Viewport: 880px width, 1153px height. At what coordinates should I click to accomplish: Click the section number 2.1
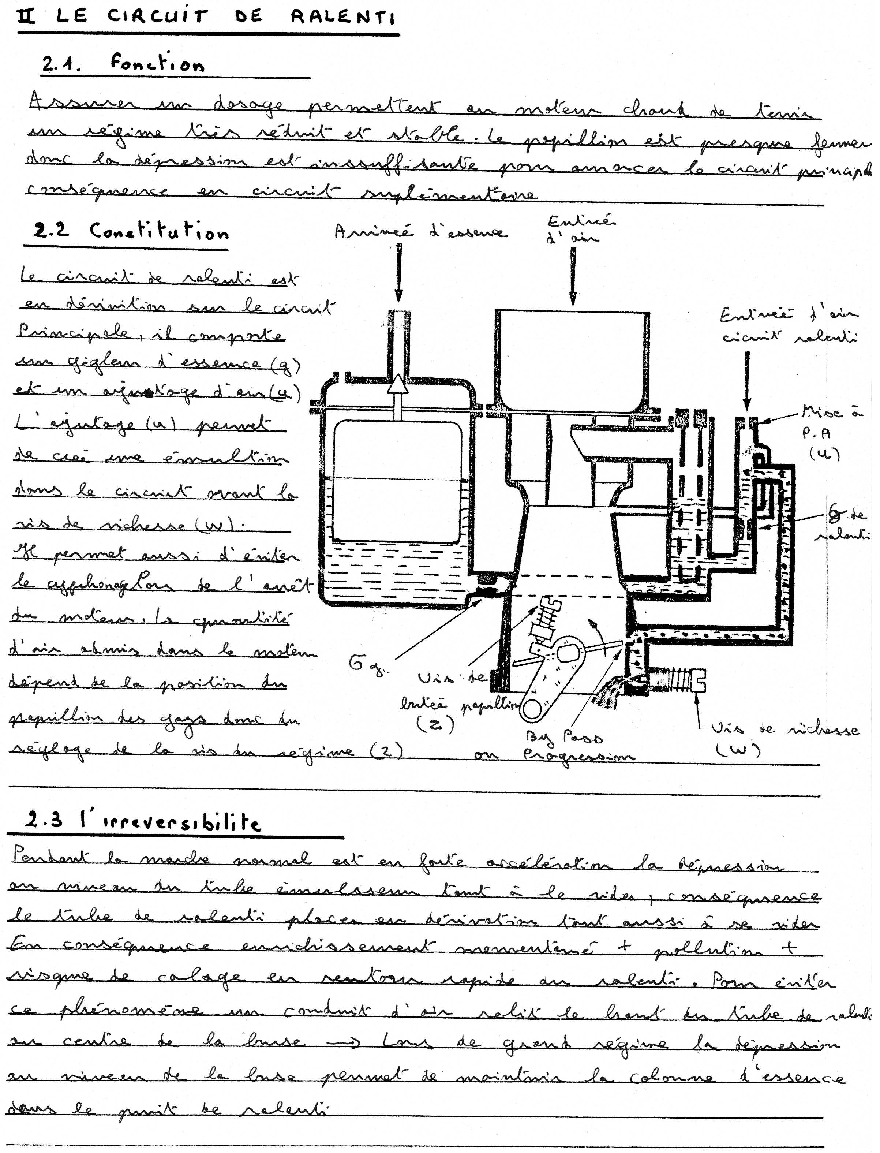click(x=61, y=64)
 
